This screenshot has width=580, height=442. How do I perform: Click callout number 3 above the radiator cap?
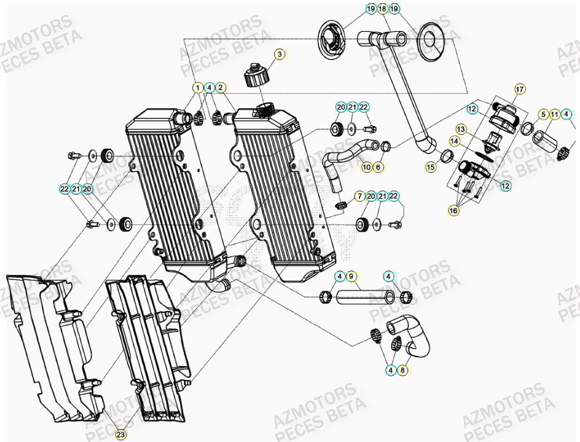[279, 54]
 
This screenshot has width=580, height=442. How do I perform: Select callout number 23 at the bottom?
[121, 434]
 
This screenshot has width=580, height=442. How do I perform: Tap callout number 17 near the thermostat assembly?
[520, 89]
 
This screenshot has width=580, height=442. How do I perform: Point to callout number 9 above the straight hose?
[353, 276]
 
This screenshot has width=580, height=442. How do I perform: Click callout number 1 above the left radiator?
[198, 87]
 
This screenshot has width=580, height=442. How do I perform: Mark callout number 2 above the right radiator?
[221, 87]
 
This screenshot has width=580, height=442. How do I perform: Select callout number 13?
[461, 129]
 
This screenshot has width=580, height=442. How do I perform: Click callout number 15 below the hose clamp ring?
[430, 168]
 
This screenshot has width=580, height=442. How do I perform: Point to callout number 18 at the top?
[382, 9]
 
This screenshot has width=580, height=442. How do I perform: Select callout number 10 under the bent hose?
[366, 167]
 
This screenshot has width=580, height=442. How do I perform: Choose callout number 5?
[543, 115]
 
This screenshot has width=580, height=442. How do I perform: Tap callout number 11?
[555, 115]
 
